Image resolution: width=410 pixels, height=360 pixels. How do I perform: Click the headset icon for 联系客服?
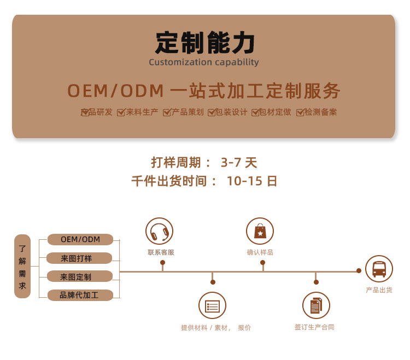pos(159,231)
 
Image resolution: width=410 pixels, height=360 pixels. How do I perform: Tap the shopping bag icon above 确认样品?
pos(260,231)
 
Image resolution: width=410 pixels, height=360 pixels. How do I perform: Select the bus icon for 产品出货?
pos(379,269)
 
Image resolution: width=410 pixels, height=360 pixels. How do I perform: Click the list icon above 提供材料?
pos(212,305)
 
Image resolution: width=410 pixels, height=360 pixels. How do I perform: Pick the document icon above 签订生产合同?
pos(316,305)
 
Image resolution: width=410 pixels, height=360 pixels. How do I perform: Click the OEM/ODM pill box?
pos(80,239)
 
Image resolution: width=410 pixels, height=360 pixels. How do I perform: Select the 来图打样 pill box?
pos(79,258)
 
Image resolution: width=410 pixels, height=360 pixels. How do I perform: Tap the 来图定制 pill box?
pos(80,276)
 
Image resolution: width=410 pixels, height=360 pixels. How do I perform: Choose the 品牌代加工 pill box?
pos(80,295)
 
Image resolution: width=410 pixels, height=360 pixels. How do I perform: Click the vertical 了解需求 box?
pos(22,266)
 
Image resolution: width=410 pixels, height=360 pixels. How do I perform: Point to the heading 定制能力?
pos(204,43)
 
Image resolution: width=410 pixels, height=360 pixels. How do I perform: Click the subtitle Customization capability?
pos(204,62)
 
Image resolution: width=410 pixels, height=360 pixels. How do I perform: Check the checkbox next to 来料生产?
pos(121,113)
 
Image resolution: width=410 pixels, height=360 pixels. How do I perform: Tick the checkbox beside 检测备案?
pos(300,113)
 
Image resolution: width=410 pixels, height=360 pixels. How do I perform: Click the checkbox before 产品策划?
pos(167,113)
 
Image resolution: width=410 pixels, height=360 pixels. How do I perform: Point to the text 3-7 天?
pos(239,162)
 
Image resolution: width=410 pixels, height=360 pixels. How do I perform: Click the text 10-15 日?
pos(252,181)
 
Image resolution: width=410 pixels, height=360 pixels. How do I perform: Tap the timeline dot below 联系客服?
pos(163,262)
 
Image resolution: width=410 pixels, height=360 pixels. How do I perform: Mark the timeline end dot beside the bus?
pos(359,271)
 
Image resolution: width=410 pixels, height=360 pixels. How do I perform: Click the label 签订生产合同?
pos(314,327)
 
